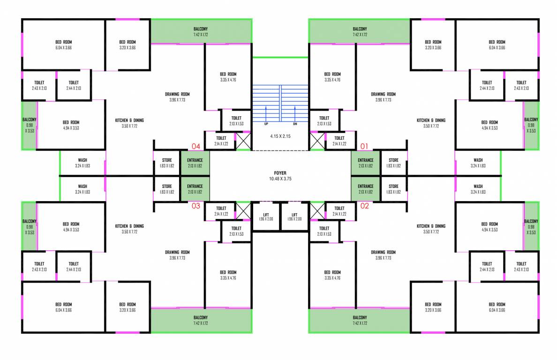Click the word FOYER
click(280, 173)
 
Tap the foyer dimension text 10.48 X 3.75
click(280, 179)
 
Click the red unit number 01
click(365, 146)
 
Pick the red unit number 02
click(365, 205)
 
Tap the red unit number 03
click(196, 205)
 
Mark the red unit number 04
click(196, 146)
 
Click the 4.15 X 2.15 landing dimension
click(280, 136)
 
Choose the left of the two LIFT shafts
click(266, 216)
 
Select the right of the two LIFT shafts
click(294, 216)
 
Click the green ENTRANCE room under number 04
click(195, 163)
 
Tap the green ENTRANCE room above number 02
click(365, 189)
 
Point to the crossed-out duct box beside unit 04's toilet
click(243, 141)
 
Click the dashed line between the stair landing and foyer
click(280, 150)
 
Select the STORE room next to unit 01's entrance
click(393, 163)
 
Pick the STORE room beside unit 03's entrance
click(167, 189)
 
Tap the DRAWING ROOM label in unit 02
click(383, 255)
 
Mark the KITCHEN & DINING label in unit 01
click(431, 123)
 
